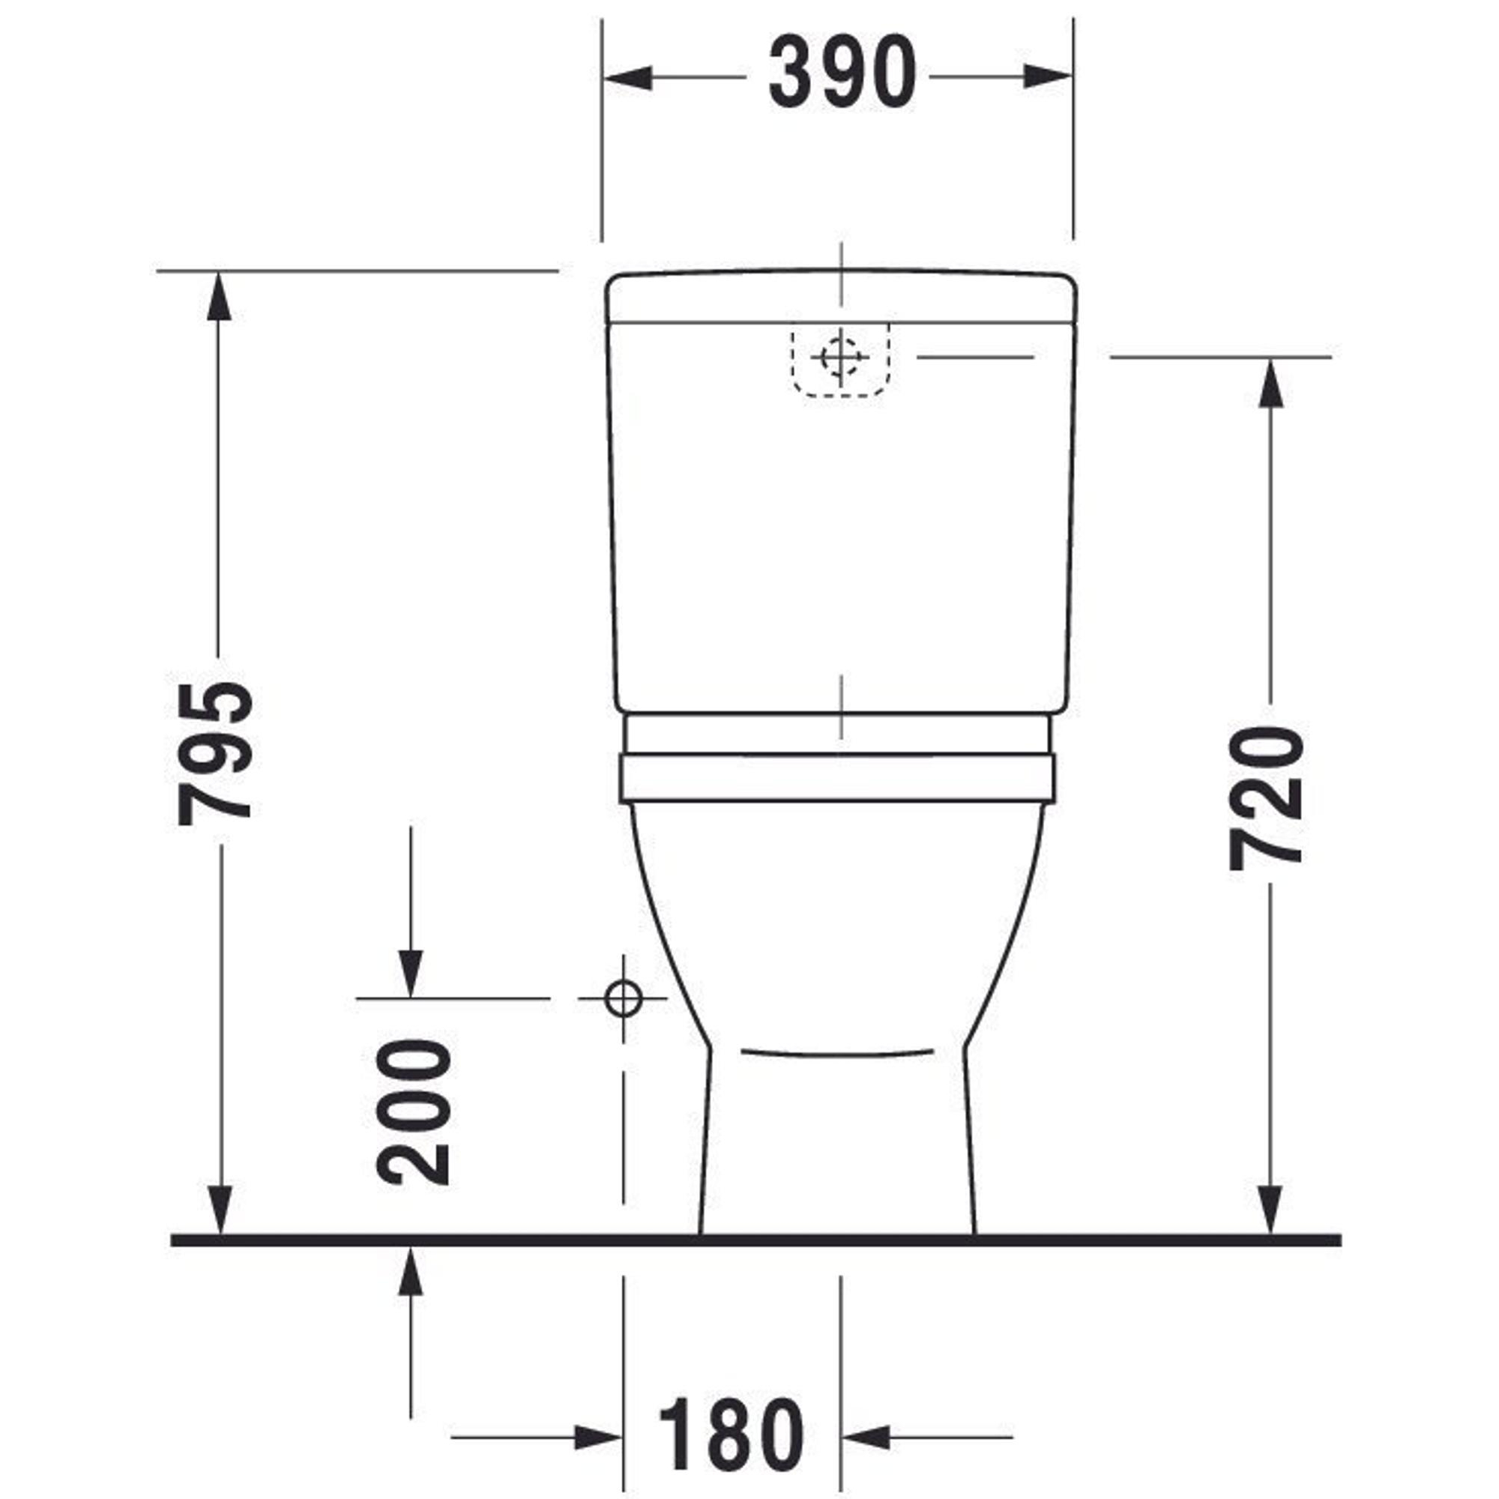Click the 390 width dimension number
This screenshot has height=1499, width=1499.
click(x=842, y=72)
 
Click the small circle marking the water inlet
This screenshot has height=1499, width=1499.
click(x=623, y=998)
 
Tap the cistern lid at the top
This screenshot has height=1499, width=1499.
click(x=840, y=296)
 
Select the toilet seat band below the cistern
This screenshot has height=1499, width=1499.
click(x=838, y=776)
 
